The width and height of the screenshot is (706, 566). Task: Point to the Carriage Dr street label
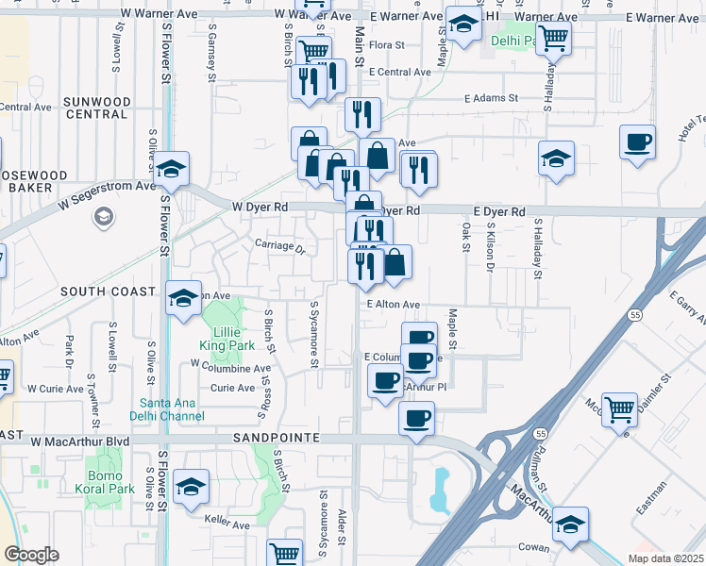click(x=280, y=247)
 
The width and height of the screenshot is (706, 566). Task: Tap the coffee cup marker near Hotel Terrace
click(x=637, y=142)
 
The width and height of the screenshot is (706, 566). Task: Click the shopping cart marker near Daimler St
click(x=619, y=409)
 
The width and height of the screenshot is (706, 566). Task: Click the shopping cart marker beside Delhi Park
click(x=553, y=39)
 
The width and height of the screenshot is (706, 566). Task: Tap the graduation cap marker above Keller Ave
click(x=192, y=487)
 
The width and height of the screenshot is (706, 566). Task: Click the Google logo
click(x=31, y=555)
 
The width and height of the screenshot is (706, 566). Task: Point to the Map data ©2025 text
click(x=665, y=558)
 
